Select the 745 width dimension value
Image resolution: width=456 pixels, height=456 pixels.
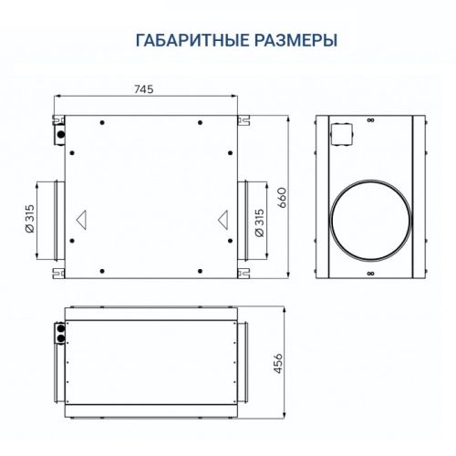143,89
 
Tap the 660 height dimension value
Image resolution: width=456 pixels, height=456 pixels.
283,198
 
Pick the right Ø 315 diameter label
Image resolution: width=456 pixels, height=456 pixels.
261,222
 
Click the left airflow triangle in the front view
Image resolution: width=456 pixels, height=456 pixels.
82,220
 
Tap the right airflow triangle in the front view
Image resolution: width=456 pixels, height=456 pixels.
223,220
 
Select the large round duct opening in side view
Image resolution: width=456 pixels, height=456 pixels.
371,219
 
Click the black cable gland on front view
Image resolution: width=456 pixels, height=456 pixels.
60,134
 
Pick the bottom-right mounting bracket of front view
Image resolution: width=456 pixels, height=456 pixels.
243,270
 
